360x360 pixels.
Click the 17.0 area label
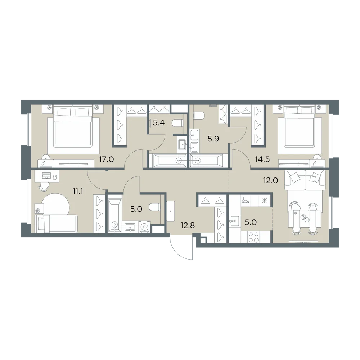(106, 159)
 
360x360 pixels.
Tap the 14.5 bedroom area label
(262, 159)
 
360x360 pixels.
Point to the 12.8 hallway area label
(188, 225)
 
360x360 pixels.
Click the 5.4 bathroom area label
(159, 123)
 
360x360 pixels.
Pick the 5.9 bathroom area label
(213, 139)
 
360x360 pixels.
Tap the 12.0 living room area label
(271, 180)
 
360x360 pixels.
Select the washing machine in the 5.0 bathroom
(145, 226)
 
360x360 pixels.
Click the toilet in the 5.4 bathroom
(178, 123)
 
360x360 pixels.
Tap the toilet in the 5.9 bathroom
(199, 115)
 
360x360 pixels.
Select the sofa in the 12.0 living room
(305, 180)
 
